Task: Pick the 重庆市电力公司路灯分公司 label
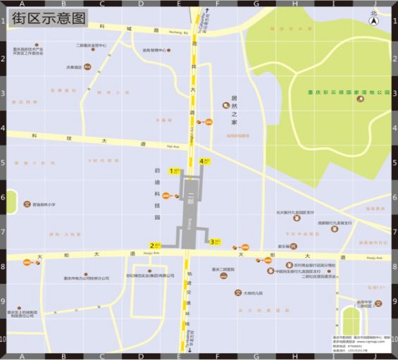click(86, 278)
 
